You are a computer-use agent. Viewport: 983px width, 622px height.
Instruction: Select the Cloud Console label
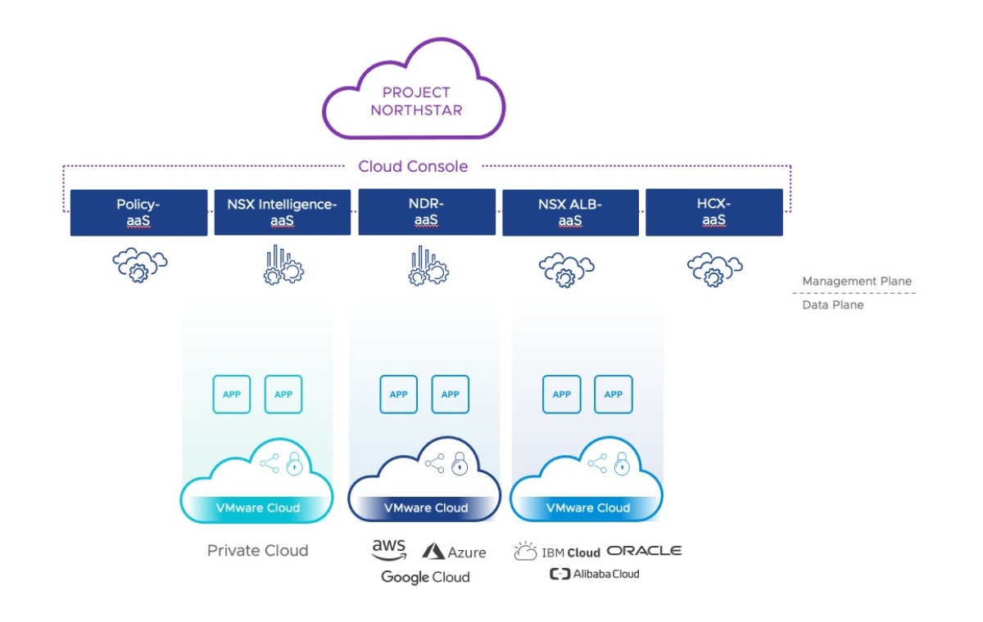pyautogui.click(x=413, y=166)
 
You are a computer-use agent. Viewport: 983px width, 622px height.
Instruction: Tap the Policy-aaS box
pyautogui.click(x=138, y=213)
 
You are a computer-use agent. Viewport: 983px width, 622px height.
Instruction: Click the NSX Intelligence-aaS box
pyautogui.click(x=283, y=213)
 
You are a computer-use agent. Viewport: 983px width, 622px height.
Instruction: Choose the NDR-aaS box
pyautogui.click(x=426, y=213)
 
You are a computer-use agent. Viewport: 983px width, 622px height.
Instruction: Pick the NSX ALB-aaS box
pyautogui.click(x=570, y=213)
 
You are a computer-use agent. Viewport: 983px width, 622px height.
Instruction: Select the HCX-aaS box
pyautogui.click(x=713, y=213)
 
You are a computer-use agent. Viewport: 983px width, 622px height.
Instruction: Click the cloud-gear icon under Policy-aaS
pyautogui.click(x=139, y=267)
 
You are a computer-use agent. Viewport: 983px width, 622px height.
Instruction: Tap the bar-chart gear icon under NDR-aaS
pyautogui.click(x=427, y=266)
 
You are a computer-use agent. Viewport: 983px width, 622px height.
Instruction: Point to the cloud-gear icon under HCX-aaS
pyautogui.click(x=714, y=267)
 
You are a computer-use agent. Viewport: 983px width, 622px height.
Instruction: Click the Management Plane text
pyautogui.click(x=857, y=282)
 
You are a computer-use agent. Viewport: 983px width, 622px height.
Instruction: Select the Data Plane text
pyautogui.click(x=833, y=304)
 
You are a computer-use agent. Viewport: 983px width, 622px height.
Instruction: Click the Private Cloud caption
pyautogui.click(x=257, y=550)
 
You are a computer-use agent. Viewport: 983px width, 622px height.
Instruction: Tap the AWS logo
pyautogui.click(x=389, y=549)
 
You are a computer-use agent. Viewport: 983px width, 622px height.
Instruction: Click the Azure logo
pyautogui.click(x=455, y=552)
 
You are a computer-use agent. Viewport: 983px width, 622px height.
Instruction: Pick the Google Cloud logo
pyautogui.click(x=425, y=577)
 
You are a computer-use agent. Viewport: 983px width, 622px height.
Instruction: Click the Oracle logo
pyautogui.click(x=644, y=550)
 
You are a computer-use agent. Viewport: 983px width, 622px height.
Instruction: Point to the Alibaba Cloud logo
pyautogui.click(x=594, y=574)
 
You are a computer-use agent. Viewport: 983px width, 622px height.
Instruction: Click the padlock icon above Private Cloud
pyautogui.click(x=293, y=463)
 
